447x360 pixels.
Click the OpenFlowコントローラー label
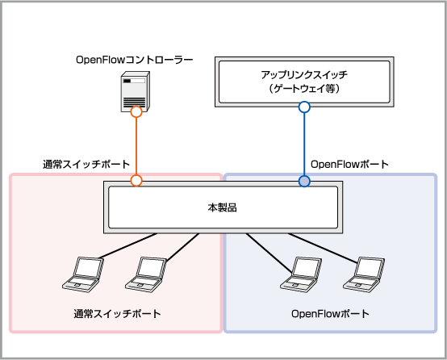[135, 60]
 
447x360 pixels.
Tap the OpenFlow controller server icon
[136, 91]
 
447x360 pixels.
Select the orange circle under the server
[136, 112]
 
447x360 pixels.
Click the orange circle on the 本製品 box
[136, 181]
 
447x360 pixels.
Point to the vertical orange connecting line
[136, 146]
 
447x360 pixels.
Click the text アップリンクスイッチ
[304, 75]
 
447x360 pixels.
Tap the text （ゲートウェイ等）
[304, 89]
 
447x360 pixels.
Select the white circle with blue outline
[304, 107]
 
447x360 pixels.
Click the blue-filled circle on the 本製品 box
[304, 181]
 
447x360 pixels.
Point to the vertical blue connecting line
[304, 144]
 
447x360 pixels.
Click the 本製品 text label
[223, 207]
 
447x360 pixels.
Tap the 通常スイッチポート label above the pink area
[86, 165]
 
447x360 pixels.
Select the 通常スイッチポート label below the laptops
[118, 314]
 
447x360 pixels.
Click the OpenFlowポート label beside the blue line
[350, 165]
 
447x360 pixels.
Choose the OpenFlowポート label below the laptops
[330, 314]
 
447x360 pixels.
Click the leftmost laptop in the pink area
[83, 274]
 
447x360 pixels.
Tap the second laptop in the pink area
[146, 274]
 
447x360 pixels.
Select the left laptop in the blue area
[301, 274]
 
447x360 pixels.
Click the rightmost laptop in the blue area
[364, 274]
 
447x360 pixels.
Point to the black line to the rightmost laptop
[323, 248]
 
